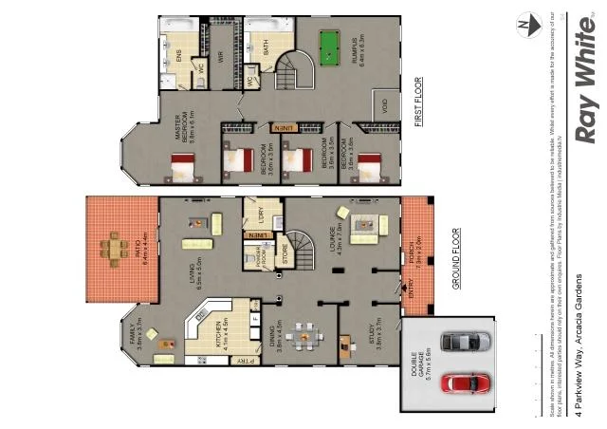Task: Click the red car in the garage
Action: click(465, 382)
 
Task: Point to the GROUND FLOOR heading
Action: click(458, 259)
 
